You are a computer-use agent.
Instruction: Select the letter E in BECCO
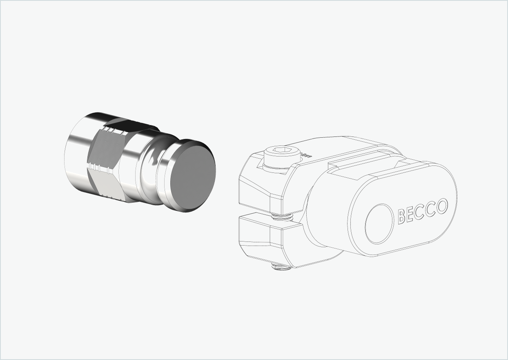tap(411, 214)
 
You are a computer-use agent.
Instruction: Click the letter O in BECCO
tap(441, 206)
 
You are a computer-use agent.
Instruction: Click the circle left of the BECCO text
tap(379, 224)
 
